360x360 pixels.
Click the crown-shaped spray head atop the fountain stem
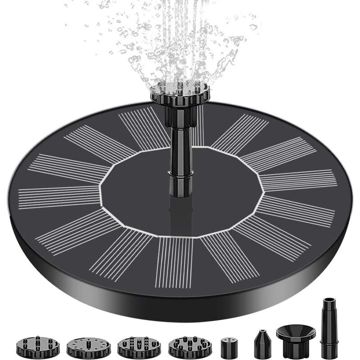[185, 92]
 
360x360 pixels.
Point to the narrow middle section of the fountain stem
[181, 148]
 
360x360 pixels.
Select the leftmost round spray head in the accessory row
[37, 346]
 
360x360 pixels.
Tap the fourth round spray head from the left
[190, 346]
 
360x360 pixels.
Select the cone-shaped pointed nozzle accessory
[262, 345]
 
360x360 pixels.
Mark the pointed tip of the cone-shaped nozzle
[262, 332]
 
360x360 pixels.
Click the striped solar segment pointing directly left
[58, 196]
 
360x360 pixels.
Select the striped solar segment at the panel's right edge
[299, 180]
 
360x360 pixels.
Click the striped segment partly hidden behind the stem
[198, 126]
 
